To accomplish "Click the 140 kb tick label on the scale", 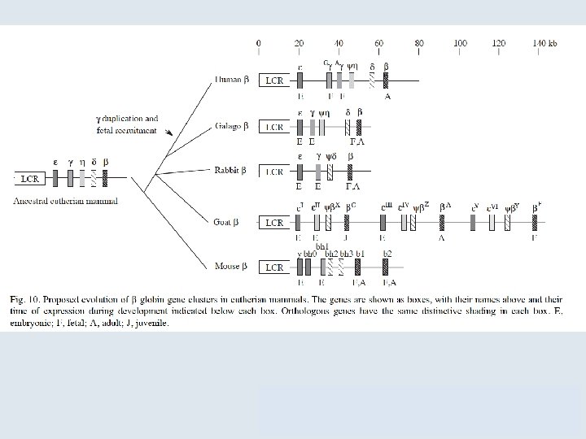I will (544, 42).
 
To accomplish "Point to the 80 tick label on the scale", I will (419, 42).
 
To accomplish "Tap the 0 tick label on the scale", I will (259, 42).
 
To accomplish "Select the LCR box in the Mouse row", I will (274, 267).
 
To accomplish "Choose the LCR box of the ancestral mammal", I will (30, 179).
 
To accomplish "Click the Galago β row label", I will (232, 127).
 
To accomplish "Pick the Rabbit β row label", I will (232, 172).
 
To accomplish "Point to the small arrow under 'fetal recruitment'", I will (169, 133).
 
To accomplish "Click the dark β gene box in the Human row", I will (387, 80).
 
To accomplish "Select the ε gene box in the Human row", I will (300, 80).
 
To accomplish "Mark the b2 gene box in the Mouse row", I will (387, 267).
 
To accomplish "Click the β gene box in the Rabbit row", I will (350, 172).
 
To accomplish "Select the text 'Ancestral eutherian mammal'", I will (66, 201).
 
